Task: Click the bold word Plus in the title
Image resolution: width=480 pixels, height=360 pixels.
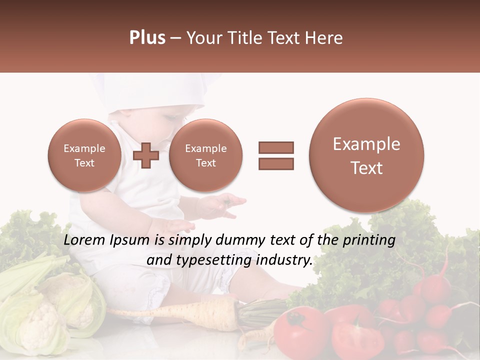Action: [147, 38]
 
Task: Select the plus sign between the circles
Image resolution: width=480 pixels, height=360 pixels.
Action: [146, 155]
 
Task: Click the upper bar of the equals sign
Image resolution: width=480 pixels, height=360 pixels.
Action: [275, 147]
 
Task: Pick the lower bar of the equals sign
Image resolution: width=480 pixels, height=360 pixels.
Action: [275, 163]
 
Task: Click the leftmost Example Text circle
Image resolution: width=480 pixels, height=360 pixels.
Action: [84, 155]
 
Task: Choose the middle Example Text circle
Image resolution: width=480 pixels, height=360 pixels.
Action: [205, 155]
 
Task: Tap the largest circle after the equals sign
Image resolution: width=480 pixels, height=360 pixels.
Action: [366, 155]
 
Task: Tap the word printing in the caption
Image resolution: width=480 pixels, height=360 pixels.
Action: [368, 240]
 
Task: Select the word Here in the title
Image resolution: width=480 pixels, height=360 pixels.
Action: [326, 38]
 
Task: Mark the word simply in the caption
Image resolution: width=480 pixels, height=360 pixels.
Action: [188, 240]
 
